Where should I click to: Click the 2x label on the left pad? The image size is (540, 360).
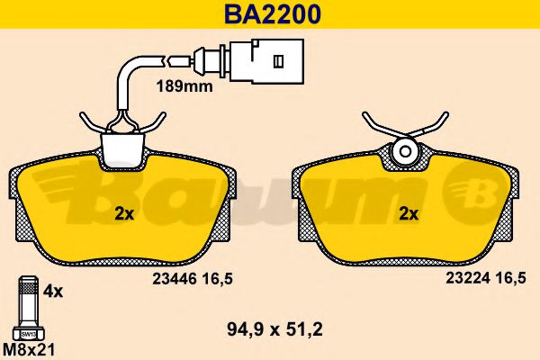[x=125, y=214]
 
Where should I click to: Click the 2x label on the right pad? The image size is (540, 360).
[x=409, y=214]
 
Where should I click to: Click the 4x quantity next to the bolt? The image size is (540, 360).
[x=54, y=291]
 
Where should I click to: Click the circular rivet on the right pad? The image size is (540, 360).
[x=404, y=150]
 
